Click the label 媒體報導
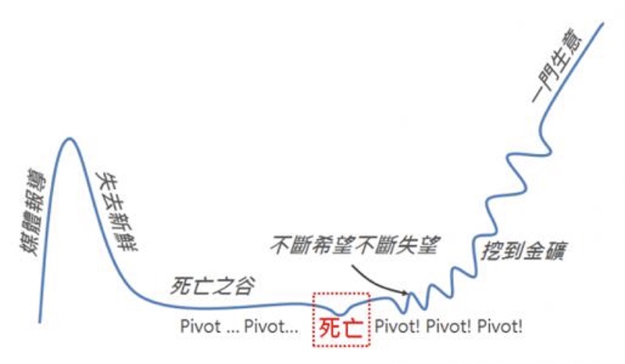pos(34,212)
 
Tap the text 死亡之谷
pos(212,285)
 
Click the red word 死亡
pos(341,328)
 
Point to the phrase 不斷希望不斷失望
pos(355,244)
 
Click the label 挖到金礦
pos(523,251)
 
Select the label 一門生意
pos(557,65)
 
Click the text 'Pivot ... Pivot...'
pos(239,327)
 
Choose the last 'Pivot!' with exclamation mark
pos(500,327)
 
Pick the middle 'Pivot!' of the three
pos(448,327)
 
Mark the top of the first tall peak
pos(70,138)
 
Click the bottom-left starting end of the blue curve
pos(40,321)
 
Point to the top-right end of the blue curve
pos(603,23)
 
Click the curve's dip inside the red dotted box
pos(340,315)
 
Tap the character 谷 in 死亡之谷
pos(244,285)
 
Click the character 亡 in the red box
pos(352,328)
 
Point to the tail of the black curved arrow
pos(353,266)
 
